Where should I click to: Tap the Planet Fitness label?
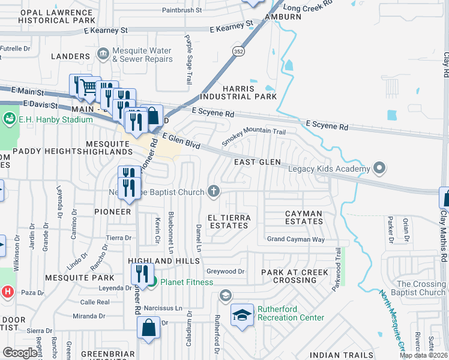pyautogui.click(x=186, y=282)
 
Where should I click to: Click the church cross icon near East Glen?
pyautogui.click(x=212, y=191)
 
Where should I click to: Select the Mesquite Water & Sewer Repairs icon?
pyautogui.click(x=103, y=55)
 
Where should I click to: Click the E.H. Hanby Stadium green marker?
pyautogui.click(x=9, y=119)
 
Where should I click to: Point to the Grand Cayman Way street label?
pyautogui.click(x=295, y=239)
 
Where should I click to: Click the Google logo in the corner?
pyautogui.click(x=19, y=353)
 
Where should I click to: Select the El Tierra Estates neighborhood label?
pyautogui.click(x=228, y=220)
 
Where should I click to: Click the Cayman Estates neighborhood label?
pyautogui.click(x=303, y=217)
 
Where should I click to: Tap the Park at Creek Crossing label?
pyautogui.click(x=294, y=276)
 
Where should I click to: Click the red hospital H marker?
pyautogui.click(x=7, y=292)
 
